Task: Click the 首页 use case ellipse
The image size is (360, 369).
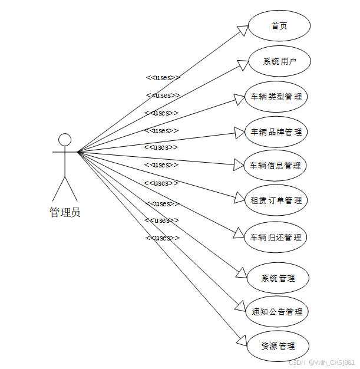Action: tap(279, 26)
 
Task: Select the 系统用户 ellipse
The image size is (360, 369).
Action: tap(279, 61)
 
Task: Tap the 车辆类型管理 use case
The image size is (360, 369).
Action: tap(276, 97)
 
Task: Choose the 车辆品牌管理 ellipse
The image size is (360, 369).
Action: tap(276, 131)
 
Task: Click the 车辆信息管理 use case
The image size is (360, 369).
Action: tap(276, 165)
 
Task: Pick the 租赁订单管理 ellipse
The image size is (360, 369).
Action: tap(276, 200)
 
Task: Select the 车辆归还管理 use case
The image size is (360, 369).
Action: tap(276, 238)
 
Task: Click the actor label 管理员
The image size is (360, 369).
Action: tap(65, 213)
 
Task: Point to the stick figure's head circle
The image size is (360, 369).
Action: tap(65, 140)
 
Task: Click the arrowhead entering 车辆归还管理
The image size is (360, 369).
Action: tap(240, 236)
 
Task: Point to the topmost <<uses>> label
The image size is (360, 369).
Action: tap(163, 77)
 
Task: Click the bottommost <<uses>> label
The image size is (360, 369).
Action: tap(163, 238)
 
